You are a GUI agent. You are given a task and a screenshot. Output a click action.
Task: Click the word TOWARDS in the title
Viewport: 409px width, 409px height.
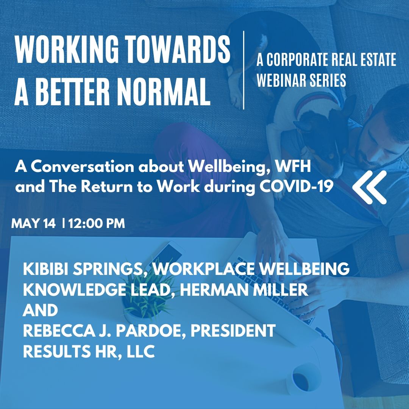click(x=177, y=49)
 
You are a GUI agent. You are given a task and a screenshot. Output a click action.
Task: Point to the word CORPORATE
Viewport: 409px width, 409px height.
click(x=297, y=59)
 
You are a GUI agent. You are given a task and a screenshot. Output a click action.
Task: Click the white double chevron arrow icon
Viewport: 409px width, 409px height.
click(x=369, y=187)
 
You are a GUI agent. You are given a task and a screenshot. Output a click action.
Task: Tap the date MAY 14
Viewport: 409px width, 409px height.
click(x=34, y=223)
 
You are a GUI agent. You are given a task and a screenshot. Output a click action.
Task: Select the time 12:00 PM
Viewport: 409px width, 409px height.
click(x=97, y=223)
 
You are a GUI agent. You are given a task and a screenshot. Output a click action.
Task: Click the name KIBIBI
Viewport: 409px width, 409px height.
click(x=46, y=269)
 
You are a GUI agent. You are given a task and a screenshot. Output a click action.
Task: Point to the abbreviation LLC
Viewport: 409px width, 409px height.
click(x=140, y=351)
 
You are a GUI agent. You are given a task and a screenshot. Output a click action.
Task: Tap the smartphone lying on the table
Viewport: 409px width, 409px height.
click(x=168, y=252)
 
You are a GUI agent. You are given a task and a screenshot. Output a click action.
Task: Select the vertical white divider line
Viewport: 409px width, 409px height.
click(x=244, y=70)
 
